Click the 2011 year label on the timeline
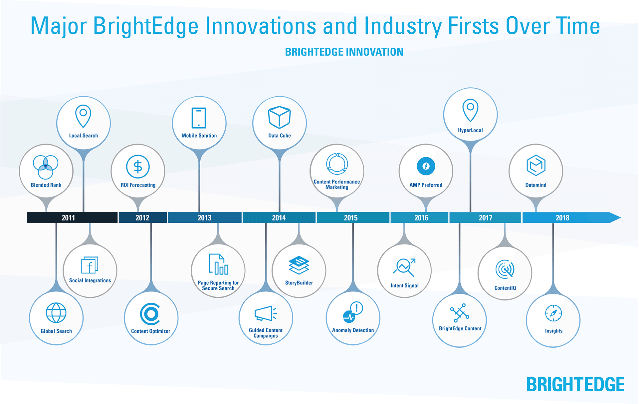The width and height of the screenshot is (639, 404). (68, 218)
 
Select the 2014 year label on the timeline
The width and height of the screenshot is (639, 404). (279, 218)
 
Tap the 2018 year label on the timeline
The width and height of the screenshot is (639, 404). (562, 218)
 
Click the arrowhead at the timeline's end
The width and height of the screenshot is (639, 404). (615, 218)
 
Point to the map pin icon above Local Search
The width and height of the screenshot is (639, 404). (83, 116)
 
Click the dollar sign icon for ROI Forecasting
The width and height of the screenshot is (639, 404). (138, 167)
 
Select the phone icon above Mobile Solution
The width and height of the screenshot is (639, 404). (199, 118)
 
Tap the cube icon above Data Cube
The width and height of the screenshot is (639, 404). (280, 117)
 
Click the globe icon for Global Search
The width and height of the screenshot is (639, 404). (56, 313)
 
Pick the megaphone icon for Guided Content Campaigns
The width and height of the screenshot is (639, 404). (266, 313)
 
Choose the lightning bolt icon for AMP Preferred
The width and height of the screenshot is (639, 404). (426, 166)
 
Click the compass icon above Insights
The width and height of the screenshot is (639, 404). (553, 313)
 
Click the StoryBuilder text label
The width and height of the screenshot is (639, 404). (299, 283)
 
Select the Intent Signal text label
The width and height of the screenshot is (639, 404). (405, 285)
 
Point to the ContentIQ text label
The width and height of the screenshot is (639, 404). (505, 288)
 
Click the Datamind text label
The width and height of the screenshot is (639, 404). (536, 185)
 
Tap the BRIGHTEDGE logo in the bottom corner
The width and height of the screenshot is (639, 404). (575, 385)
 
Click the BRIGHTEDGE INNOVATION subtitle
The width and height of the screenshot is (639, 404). (344, 52)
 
